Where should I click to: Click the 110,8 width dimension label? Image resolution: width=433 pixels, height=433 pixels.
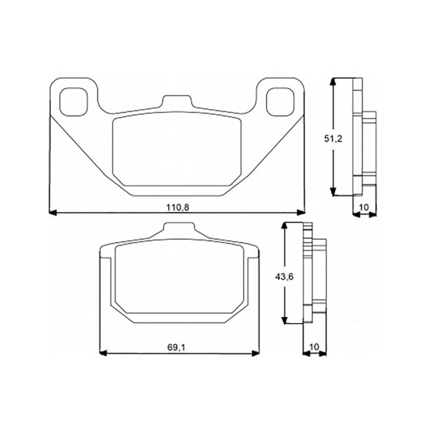[178, 207]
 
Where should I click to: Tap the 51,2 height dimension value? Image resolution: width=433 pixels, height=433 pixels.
[333, 139]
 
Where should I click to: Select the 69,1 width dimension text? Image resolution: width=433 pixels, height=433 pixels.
[176, 347]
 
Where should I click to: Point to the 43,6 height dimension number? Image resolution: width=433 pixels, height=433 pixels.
[284, 277]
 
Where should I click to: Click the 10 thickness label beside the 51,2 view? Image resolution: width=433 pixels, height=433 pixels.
[364, 207]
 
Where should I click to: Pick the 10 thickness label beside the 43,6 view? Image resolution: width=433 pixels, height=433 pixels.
[314, 347]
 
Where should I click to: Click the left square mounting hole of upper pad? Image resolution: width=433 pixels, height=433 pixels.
[74, 102]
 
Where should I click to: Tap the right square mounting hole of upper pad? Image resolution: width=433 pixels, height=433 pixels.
[280, 102]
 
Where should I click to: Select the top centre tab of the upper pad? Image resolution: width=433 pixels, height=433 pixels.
[177, 101]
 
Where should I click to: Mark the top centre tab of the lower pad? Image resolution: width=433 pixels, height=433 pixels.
[179, 229]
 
